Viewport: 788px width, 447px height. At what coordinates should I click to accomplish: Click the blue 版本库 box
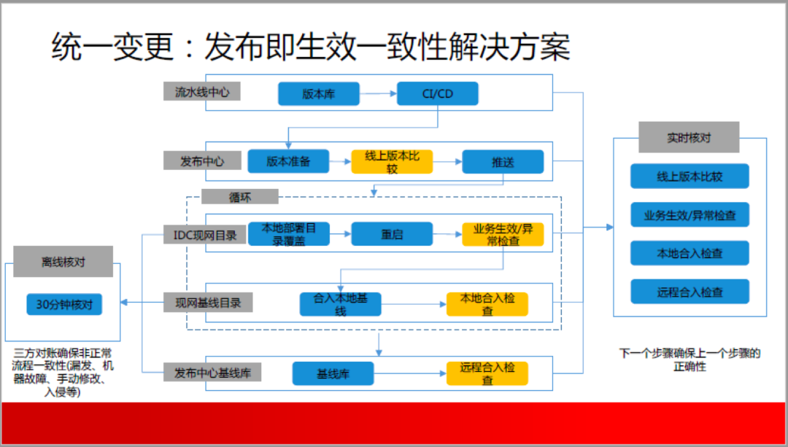[x=319, y=94]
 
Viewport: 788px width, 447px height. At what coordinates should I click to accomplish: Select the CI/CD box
[x=437, y=94]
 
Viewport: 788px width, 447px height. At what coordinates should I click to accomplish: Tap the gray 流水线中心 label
[x=201, y=91]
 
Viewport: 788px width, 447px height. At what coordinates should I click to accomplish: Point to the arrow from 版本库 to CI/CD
[x=379, y=93]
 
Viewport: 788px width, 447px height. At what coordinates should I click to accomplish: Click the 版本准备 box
[x=288, y=161]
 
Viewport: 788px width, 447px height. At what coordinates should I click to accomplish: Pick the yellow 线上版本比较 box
[x=392, y=162]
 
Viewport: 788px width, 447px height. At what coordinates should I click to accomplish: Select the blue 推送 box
[x=503, y=162]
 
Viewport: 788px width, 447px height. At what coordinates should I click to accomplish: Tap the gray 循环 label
[x=240, y=196]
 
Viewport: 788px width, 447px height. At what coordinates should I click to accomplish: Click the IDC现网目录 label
[x=204, y=235]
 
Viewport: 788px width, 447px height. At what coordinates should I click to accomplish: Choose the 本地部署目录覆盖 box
[x=288, y=234]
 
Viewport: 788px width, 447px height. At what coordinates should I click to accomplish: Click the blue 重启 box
[x=392, y=234]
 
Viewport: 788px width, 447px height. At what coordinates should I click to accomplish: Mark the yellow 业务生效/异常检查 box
[x=503, y=234]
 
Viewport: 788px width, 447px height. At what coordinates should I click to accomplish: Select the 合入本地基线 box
[x=341, y=304]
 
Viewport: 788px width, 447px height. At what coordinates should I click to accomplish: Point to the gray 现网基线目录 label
[x=208, y=303]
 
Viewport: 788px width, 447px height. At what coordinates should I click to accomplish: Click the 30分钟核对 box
[x=64, y=304]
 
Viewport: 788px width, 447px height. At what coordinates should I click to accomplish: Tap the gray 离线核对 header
[x=63, y=261]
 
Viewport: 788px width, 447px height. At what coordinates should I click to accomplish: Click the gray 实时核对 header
[x=689, y=137]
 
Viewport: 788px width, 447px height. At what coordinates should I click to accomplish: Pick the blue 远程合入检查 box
[x=690, y=291]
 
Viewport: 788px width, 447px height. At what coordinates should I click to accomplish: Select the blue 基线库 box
[x=333, y=373]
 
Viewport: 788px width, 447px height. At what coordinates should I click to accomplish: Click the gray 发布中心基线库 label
[x=212, y=373]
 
